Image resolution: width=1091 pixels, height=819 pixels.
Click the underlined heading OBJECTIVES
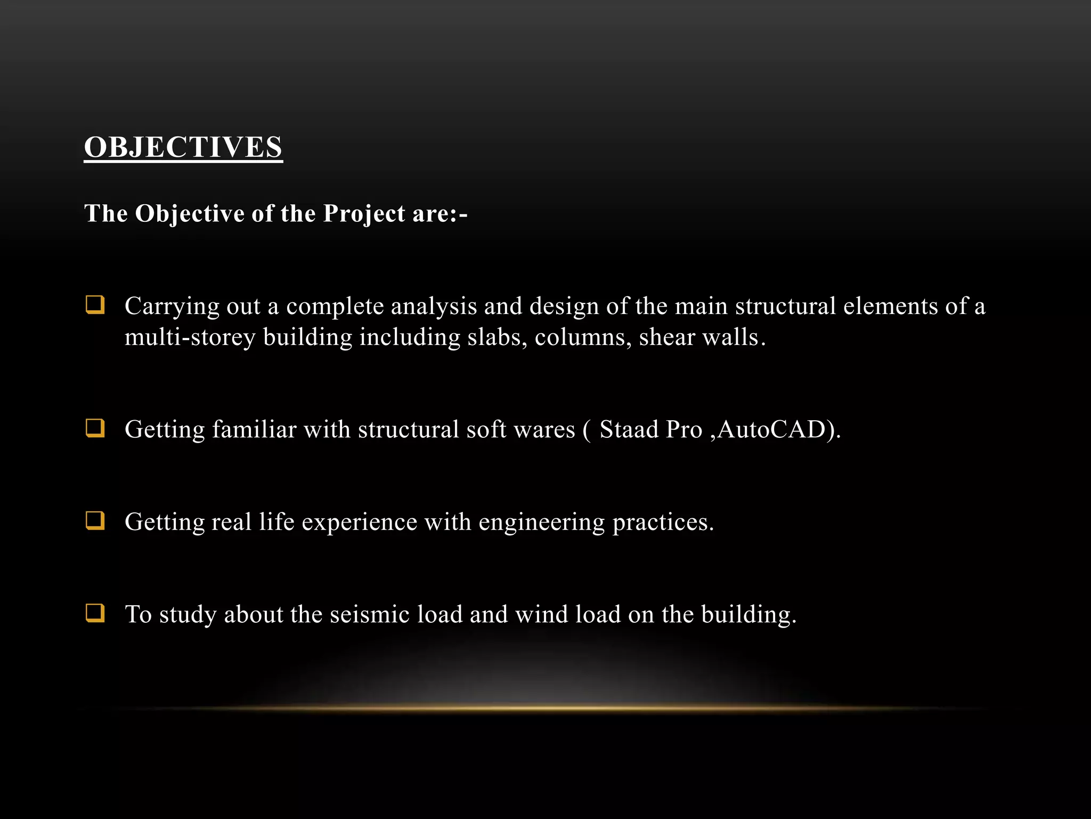pyautogui.click(x=183, y=147)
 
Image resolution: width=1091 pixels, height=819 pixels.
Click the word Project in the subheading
pyautogui.click(x=364, y=214)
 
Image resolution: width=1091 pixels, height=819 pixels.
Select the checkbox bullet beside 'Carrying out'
pyautogui.click(x=95, y=305)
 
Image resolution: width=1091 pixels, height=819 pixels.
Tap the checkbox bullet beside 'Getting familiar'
pyautogui.click(x=95, y=428)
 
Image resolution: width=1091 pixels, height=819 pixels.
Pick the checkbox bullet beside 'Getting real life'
pyautogui.click(x=95, y=520)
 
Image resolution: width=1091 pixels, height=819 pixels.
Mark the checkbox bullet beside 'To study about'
pyautogui.click(x=95, y=613)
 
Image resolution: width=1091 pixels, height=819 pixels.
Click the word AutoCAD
pyautogui.click(x=772, y=430)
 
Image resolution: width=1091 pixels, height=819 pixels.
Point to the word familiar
pyautogui.click(x=254, y=430)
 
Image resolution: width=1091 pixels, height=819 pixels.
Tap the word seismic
pyautogui.click(x=370, y=614)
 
